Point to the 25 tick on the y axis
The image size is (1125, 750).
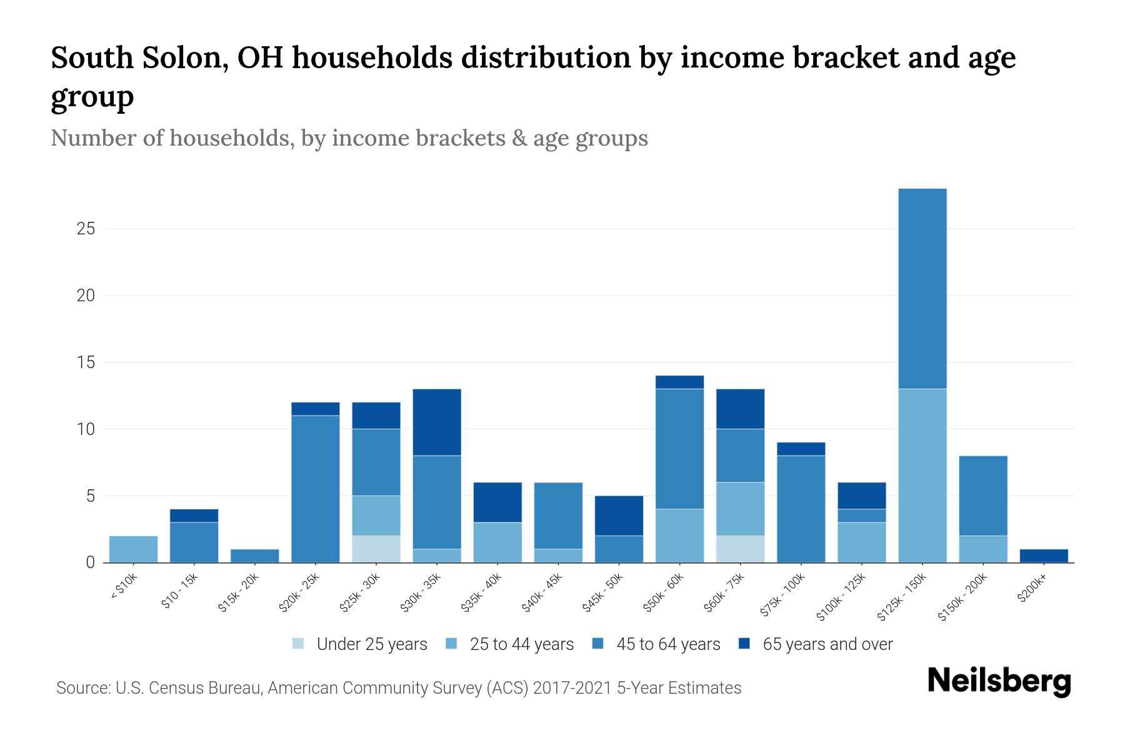[x=86, y=229]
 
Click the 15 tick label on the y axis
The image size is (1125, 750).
[x=86, y=362]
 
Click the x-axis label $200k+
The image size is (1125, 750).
[x=1032, y=589]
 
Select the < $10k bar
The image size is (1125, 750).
[x=133, y=549]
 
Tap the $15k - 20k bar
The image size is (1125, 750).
[x=254, y=556]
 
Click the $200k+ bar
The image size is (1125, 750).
[x=1044, y=556]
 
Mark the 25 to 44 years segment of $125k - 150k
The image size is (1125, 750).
[x=922, y=475]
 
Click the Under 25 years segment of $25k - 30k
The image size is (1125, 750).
[x=376, y=549]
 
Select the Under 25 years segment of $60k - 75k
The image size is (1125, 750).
[x=740, y=549]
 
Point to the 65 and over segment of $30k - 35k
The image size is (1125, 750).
[x=437, y=422]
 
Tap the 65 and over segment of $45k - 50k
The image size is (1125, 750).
[x=619, y=516]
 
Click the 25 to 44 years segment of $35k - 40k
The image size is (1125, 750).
[x=497, y=542]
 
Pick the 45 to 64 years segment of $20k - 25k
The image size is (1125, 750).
[x=316, y=489]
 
